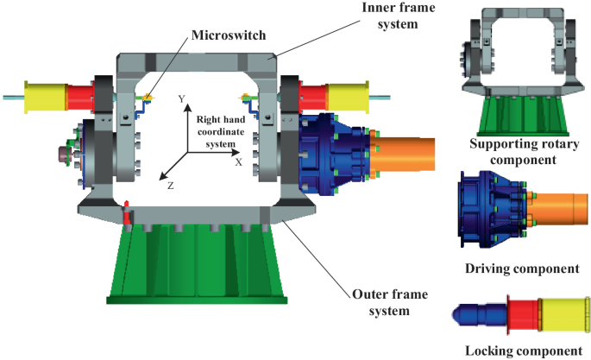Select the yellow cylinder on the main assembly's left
tap(45, 94)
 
